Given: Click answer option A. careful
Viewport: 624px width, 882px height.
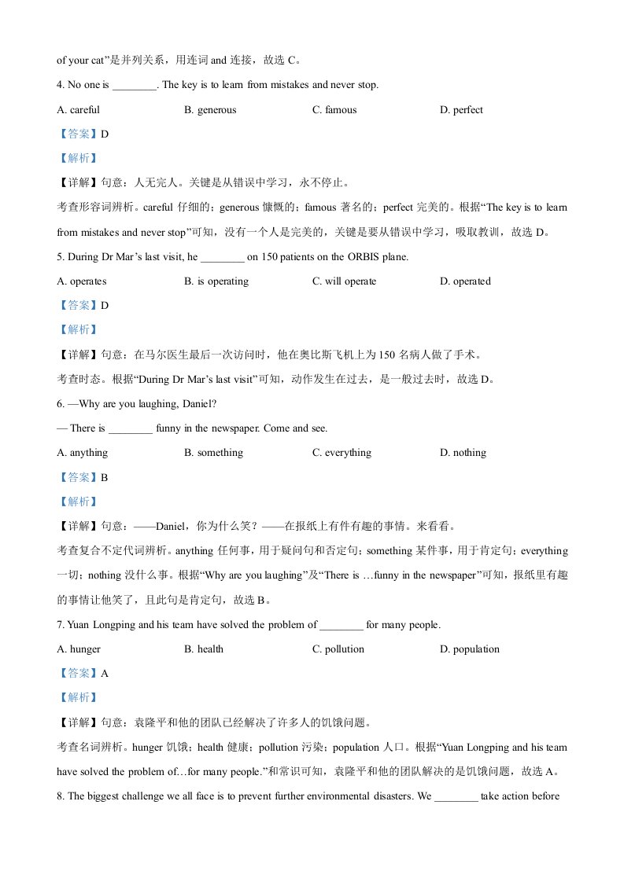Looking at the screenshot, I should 79,110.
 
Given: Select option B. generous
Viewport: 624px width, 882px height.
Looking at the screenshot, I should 210,110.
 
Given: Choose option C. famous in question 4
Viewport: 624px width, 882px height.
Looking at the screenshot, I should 334,110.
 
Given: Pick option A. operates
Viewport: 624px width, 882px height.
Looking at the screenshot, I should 82,281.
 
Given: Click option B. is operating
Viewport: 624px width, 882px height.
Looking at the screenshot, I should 216,281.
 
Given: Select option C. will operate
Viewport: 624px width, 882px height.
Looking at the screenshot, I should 344,281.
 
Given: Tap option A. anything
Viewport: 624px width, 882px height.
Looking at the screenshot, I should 83,453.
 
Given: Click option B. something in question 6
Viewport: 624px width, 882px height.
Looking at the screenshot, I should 214,453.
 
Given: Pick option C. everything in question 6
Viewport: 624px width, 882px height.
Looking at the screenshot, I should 342,453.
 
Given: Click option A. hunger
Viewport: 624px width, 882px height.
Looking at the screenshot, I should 79,649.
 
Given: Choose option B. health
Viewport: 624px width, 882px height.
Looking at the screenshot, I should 204,649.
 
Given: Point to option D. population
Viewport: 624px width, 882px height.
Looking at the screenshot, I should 470,649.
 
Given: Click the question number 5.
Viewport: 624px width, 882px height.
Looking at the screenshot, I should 61,256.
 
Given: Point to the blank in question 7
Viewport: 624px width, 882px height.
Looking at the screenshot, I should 342,626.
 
